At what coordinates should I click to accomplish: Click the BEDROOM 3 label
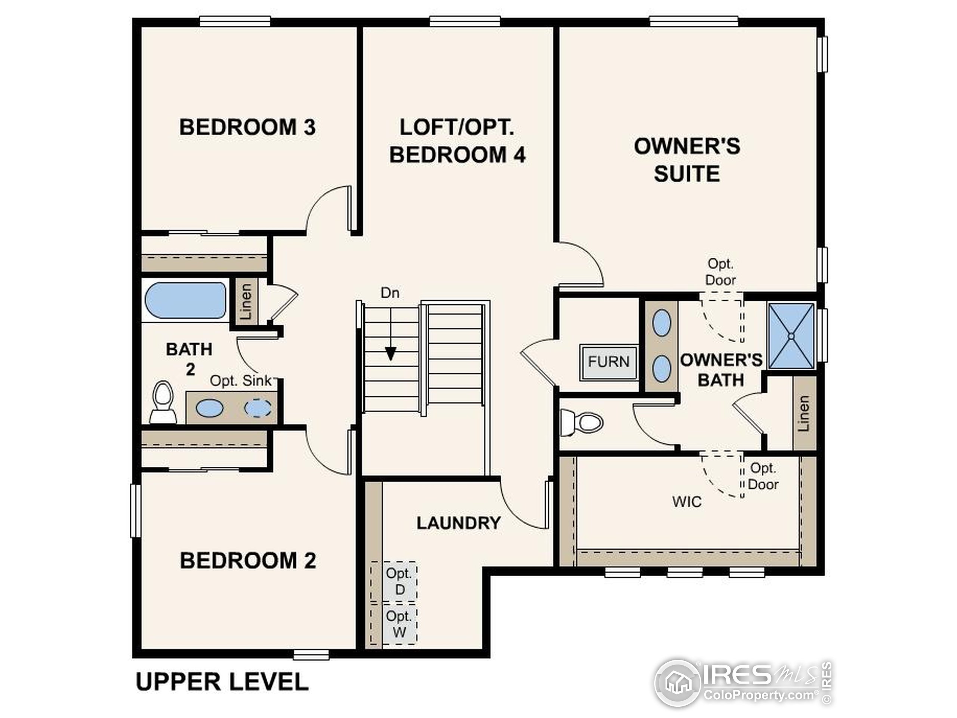(247, 127)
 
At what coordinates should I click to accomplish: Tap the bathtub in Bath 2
(185, 300)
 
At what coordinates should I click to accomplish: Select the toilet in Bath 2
(163, 402)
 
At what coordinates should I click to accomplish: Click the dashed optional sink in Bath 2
(258, 408)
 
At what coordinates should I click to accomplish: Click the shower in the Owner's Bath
(791, 336)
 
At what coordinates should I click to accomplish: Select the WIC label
(687, 502)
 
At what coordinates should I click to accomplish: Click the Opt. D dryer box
(399, 581)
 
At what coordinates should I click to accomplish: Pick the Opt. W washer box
(399, 624)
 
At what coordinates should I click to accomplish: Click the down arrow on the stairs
(391, 353)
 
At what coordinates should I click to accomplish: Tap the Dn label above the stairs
(390, 294)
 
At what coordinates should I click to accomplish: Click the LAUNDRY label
(458, 523)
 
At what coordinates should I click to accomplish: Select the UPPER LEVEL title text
(222, 682)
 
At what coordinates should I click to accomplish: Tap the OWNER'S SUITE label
(687, 160)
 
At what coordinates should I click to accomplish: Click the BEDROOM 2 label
(247, 561)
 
